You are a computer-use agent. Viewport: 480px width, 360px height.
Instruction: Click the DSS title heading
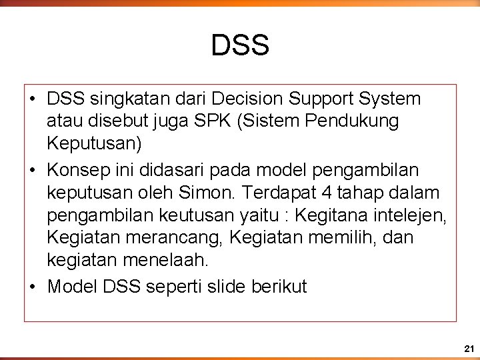240,45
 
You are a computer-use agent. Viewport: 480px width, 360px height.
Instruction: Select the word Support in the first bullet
322,99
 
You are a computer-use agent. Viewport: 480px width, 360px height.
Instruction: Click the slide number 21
469,349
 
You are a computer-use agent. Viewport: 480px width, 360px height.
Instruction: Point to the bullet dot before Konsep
33,171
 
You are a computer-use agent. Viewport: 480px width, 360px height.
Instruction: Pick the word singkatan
117,99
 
